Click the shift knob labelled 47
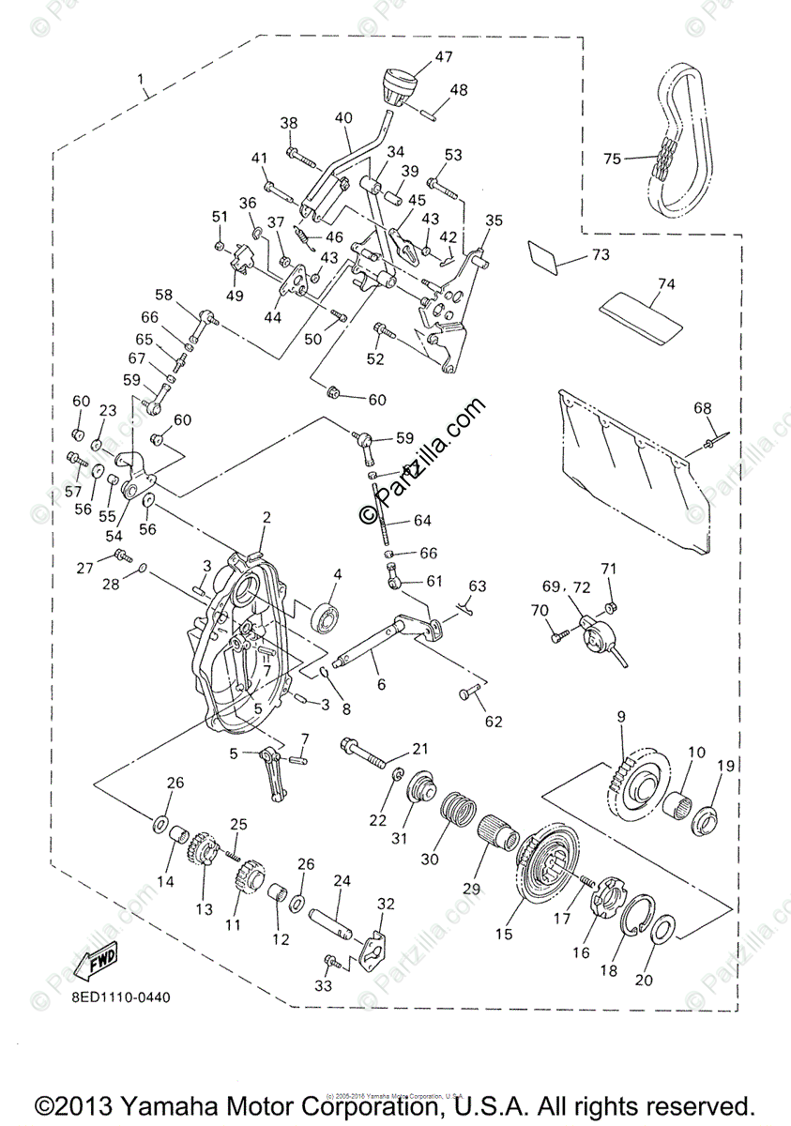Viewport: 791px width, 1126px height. pyautogui.click(x=399, y=84)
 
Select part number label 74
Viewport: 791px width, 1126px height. pyautogui.click(x=666, y=283)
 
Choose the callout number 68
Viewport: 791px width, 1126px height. pyautogui.click(x=703, y=408)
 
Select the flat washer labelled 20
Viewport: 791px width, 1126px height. pyautogui.click(x=663, y=930)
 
